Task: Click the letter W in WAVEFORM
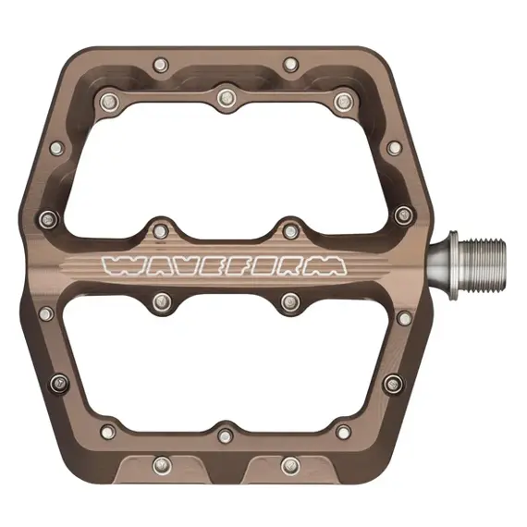point(120,265)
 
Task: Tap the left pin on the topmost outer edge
point(162,65)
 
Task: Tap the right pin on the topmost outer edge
point(290,65)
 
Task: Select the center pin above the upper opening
point(226,96)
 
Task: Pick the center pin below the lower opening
point(226,435)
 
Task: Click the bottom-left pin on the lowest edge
point(162,464)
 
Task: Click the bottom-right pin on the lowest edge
point(290,464)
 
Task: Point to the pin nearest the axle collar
point(403,215)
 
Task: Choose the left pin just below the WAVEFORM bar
point(162,301)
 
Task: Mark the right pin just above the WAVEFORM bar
point(290,230)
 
